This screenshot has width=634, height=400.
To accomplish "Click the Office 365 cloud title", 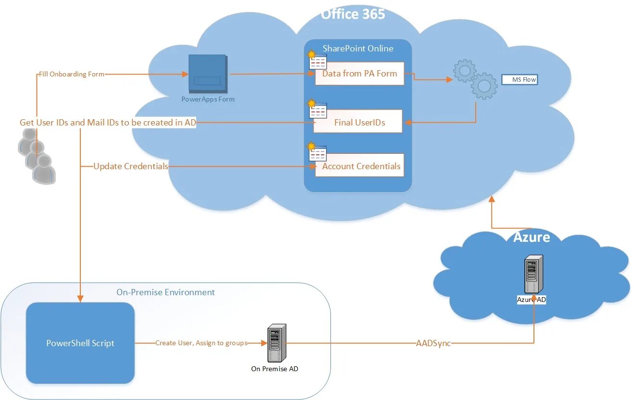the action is pos(353,13).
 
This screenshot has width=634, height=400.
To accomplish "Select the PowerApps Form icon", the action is pos(208,74).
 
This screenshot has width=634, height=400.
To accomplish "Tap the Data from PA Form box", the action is pos(359,74).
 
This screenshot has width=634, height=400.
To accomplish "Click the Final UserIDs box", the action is pos(358,121).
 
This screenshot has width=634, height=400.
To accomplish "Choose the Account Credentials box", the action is pos(359,165).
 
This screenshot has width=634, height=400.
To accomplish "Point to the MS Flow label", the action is pos(520,79).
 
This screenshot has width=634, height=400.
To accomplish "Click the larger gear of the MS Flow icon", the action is pos(484,86).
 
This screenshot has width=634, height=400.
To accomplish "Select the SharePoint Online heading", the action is pos(358,49).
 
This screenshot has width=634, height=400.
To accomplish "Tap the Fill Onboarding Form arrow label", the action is pos(71,74).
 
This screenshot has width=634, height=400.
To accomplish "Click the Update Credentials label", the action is pos(131,166).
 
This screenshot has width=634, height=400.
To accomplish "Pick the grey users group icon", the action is pos(37,156).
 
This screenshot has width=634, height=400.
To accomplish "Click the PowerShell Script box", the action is pos(80,343).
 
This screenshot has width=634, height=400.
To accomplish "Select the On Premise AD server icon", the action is pos(277,343).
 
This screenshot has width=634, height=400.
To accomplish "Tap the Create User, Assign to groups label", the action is pos(202,343).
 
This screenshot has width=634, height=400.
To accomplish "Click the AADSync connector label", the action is pos(433,343).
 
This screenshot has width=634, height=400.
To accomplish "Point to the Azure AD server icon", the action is pos(534,274).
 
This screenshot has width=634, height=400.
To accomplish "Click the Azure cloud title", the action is pos(532,237).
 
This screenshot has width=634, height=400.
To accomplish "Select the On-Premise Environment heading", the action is pos(165,292).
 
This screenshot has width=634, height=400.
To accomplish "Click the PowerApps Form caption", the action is pos(208,100).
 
